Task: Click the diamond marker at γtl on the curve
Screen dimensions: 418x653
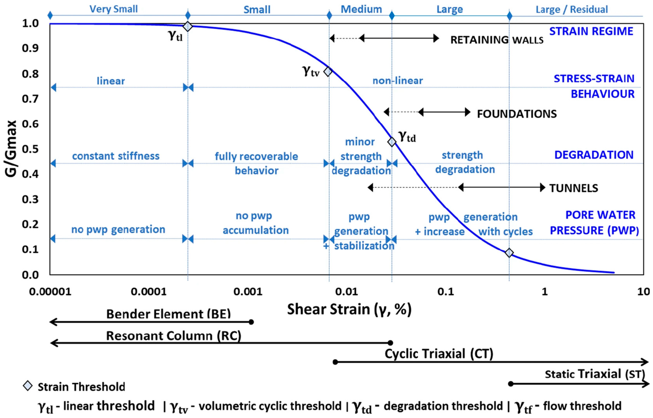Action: (187, 27)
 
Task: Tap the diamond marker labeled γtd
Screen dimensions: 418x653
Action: (392, 142)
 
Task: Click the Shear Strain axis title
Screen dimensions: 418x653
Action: (349, 309)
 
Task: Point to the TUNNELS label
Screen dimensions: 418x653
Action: (574, 188)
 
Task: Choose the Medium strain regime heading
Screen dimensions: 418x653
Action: (361, 9)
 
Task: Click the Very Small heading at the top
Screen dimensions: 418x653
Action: (114, 9)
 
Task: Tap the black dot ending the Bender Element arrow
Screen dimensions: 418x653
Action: (251, 322)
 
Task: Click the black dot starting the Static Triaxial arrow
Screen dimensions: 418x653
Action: (511, 384)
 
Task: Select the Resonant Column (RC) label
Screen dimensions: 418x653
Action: (174, 336)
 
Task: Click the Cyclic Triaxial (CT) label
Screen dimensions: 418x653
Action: (439, 354)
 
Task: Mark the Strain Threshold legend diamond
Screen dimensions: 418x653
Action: (28, 386)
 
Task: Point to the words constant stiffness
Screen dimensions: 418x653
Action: (116, 156)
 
